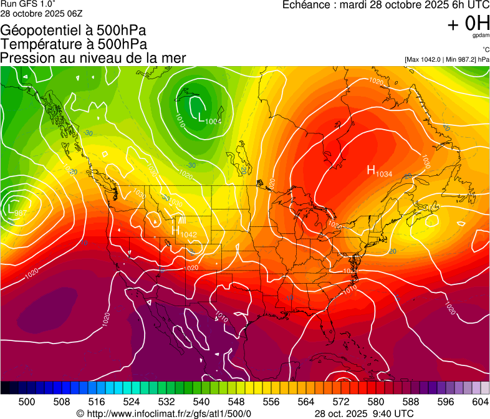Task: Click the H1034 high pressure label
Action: click(379, 171)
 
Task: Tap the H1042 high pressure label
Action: click(184, 231)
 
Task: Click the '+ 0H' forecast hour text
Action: click(468, 24)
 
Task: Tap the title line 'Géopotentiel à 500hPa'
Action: click(73, 31)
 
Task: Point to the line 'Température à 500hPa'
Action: click(74, 44)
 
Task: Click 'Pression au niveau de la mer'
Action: click(93, 58)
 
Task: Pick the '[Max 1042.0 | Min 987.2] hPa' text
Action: click(447, 59)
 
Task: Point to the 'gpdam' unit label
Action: click(481, 36)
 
